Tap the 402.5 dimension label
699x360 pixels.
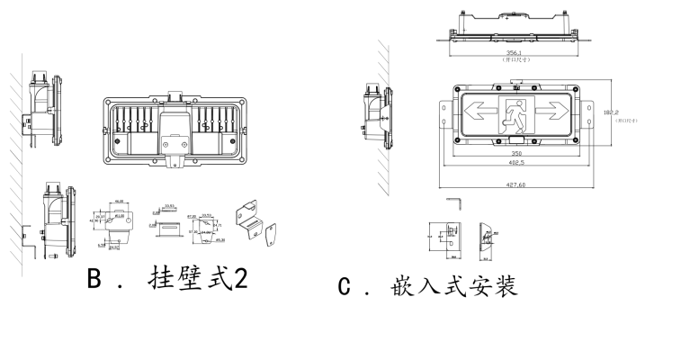click(515, 164)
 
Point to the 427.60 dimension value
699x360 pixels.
click(515, 184)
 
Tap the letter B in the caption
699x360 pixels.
click(93, 278)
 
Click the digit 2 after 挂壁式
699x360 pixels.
click(240, 278)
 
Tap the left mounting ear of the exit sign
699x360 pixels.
click(444, 113)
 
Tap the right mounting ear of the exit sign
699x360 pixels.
click(588, 113)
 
